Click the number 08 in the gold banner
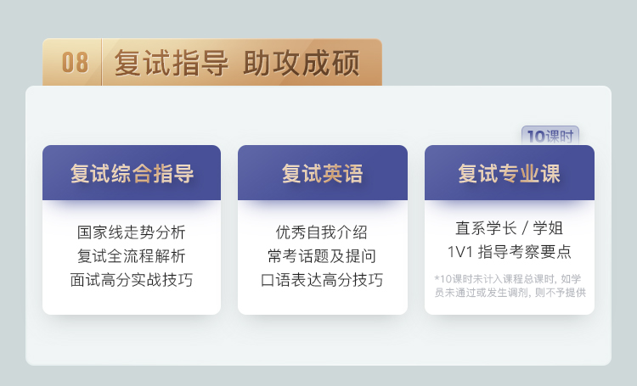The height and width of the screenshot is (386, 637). coord(75,63)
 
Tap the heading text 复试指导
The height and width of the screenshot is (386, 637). coord(171,63)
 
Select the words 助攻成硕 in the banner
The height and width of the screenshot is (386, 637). coord(302,63)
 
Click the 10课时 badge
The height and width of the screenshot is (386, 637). coord(550,136)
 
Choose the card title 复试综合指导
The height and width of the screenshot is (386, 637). coord(132,173)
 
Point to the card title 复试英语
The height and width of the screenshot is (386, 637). coord(323,173)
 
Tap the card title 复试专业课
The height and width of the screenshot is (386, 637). coord(510,173)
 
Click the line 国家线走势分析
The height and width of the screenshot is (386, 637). coord(131,232)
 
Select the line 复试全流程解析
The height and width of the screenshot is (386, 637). coord(131,256)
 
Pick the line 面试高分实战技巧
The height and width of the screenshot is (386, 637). coord(131,280)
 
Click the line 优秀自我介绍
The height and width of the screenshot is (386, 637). coord(321,232)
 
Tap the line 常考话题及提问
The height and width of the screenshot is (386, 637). coord(321,256)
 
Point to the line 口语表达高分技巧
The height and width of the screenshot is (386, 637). coord(321,280)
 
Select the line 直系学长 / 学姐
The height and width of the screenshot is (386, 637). coord(509,228)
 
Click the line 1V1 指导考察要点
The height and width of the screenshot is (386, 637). coord(509,252)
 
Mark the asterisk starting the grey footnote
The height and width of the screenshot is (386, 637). coord(437,278)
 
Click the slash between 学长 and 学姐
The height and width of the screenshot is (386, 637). coord(525,228)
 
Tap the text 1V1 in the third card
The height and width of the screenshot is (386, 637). coord(459,252)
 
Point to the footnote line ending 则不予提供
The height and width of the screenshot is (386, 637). coord(510,292)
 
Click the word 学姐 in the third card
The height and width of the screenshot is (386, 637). coord(548,228)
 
